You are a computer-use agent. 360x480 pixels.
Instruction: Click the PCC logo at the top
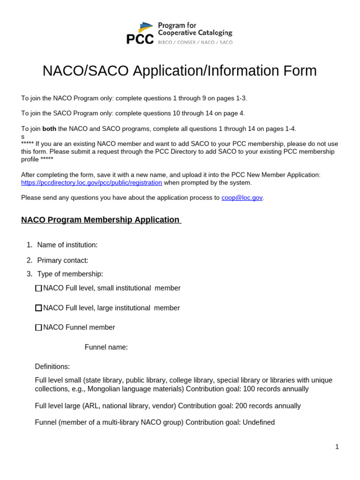[140, 34]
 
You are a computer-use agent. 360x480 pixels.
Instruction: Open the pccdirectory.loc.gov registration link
[91, 183]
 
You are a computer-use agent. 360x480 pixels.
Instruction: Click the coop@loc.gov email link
[242, 198]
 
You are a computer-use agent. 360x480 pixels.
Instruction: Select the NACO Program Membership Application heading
[100, 220]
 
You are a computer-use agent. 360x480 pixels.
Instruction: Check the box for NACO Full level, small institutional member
[38, 288]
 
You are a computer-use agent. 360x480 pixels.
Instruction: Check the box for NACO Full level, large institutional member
[38, 308]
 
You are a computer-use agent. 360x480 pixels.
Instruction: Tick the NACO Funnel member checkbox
[38, 328]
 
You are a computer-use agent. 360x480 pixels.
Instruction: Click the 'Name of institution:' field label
[67, 245]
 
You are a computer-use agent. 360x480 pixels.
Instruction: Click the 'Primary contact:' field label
[62, 260]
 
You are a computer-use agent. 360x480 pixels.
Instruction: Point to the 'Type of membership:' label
[70, 274]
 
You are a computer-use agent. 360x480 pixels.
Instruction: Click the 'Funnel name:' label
[106, 347]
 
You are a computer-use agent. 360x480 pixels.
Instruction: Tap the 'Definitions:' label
[52, 367]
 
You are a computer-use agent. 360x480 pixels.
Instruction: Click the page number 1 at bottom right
[337, 447]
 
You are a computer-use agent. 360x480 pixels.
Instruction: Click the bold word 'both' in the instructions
[49, 129]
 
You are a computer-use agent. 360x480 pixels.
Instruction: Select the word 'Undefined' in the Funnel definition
[258, 422]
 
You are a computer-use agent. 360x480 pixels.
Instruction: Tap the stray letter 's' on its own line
[22, 136]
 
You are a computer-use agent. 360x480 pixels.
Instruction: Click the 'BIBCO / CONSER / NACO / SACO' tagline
[195, 42]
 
